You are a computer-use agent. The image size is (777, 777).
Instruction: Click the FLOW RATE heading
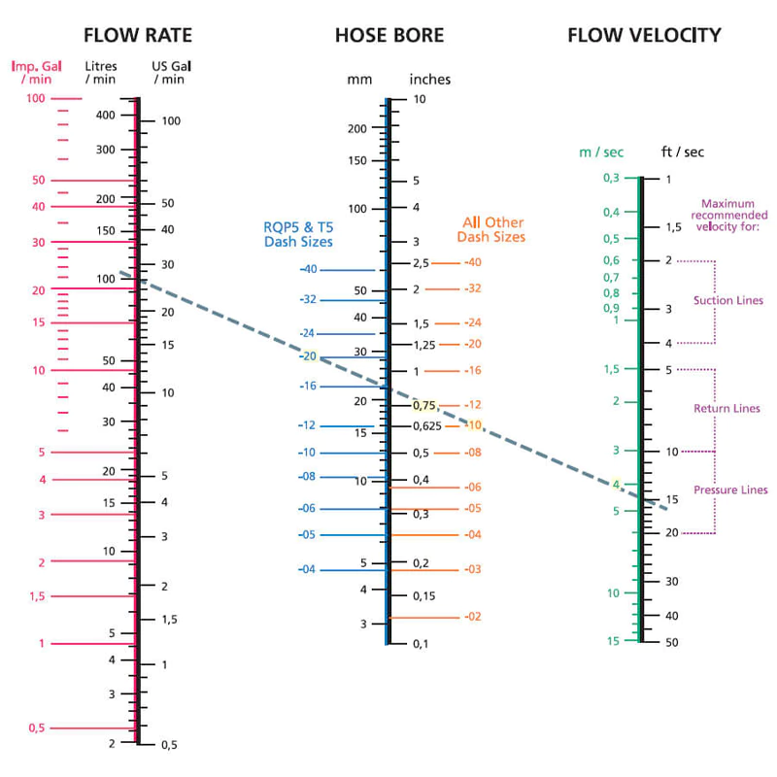[137, 36]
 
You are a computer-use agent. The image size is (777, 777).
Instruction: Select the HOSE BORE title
[389, 36]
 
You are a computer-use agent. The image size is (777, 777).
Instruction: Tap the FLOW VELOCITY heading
[644, 36]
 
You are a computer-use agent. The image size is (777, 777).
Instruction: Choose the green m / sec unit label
[601, 152]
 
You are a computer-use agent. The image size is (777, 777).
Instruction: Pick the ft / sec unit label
[682, 152]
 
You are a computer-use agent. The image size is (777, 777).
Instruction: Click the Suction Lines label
[727, 301]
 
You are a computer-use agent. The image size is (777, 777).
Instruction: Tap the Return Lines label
[726, 409]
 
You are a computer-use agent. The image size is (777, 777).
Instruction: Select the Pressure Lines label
[730, 490]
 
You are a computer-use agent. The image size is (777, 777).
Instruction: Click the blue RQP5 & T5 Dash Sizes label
[298, 234]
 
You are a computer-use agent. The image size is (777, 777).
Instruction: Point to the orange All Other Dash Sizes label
[491, 230]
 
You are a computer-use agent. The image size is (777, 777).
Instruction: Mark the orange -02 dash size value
[472, 617]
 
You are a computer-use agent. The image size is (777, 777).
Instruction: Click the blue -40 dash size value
[309, 269]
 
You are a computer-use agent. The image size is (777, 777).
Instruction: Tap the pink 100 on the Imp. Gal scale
[35, 98]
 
